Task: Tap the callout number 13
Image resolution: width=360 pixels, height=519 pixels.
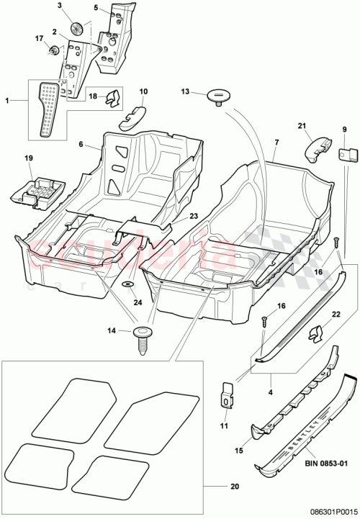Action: tap(185, 91)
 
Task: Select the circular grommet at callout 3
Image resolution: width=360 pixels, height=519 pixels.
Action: tap(78, 30)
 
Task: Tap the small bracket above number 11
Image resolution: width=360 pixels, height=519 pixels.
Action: tap(225, 392)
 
